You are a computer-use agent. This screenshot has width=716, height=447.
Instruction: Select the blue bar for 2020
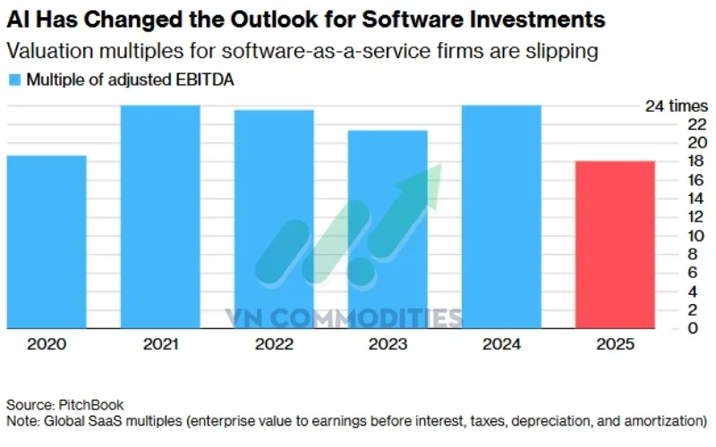[x=47, y=241]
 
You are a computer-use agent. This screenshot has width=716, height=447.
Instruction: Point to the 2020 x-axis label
[x=47, y=344]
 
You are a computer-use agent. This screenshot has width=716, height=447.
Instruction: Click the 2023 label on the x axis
[x=388, y=344]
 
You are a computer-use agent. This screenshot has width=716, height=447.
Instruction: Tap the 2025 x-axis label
[x=615, y=344]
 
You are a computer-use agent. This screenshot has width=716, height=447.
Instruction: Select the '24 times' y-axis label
[x=677, y=106]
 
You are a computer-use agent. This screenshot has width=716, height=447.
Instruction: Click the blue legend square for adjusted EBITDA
[x=13, y=80]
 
